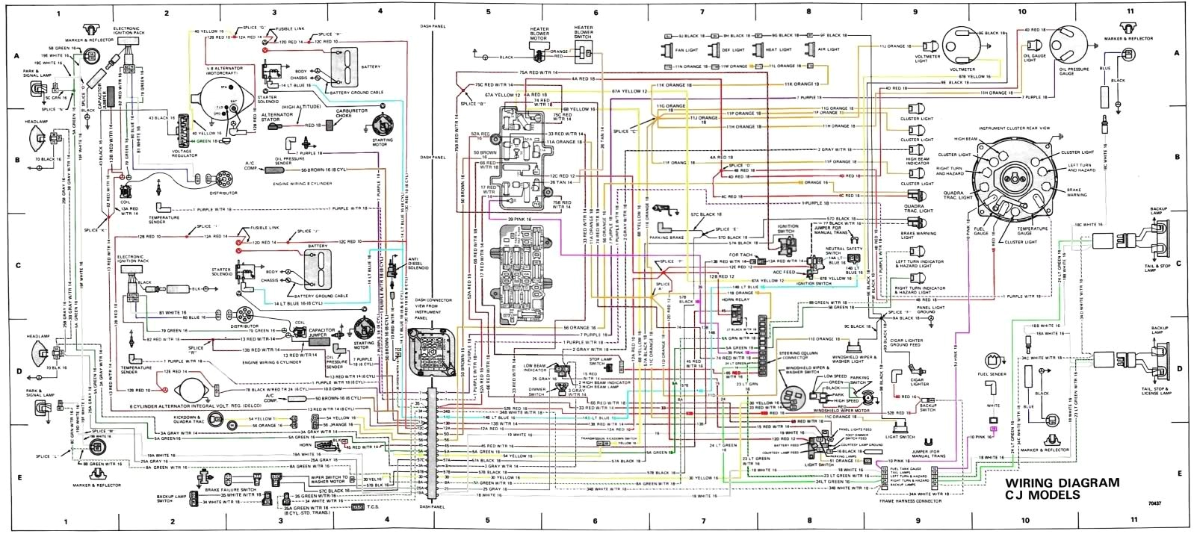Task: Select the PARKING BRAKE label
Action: click(x=672, y=240)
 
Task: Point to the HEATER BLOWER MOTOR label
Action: click(x=539, y=34)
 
